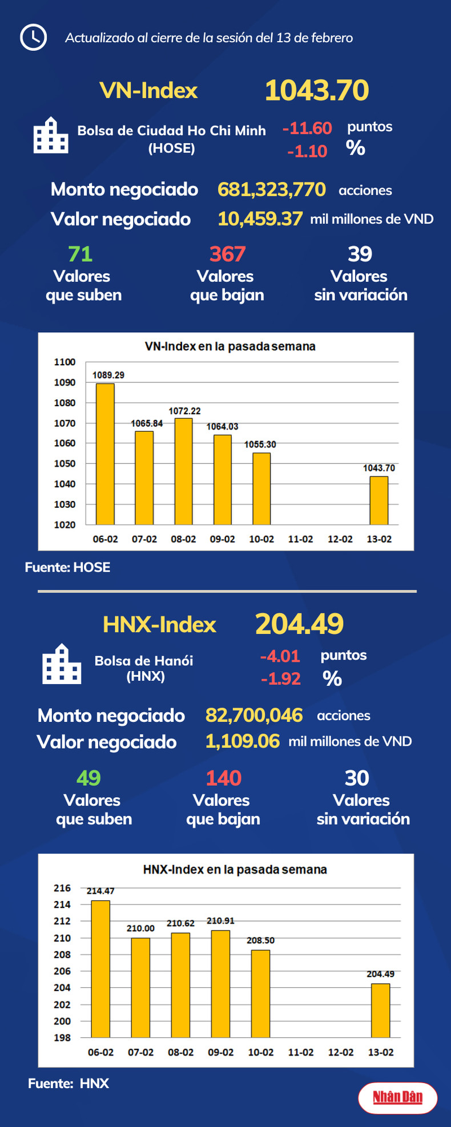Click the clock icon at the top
click(x=33, y=38)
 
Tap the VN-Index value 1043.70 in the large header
click(x=317, y=91)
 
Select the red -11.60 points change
click(x=307, y=128)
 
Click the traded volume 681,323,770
click(x=272, y=189)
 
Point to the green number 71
click(x=80, y=254)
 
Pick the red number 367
click(x=227, y=254)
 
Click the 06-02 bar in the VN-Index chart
click(x=105, y=454)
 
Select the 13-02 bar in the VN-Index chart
click(x=379, y=500)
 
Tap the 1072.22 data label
click(x=184, y=411)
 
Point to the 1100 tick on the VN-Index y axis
click(x=65, y=362)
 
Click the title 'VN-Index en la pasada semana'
click(x=229, y=346)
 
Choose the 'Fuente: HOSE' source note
click(x=67, y=567)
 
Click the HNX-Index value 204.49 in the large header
click(x=299, y=624)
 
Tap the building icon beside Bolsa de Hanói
click(x=62, y=664)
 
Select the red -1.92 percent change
click(x=280, y=678)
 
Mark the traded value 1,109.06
click(x=243, y=741)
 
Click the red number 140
click(x=223, y=778)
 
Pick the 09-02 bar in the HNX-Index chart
click(x=220, y=984)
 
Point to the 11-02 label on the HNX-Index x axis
click(x=300, y=1052)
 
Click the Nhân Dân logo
click(x=398, y=1097)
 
